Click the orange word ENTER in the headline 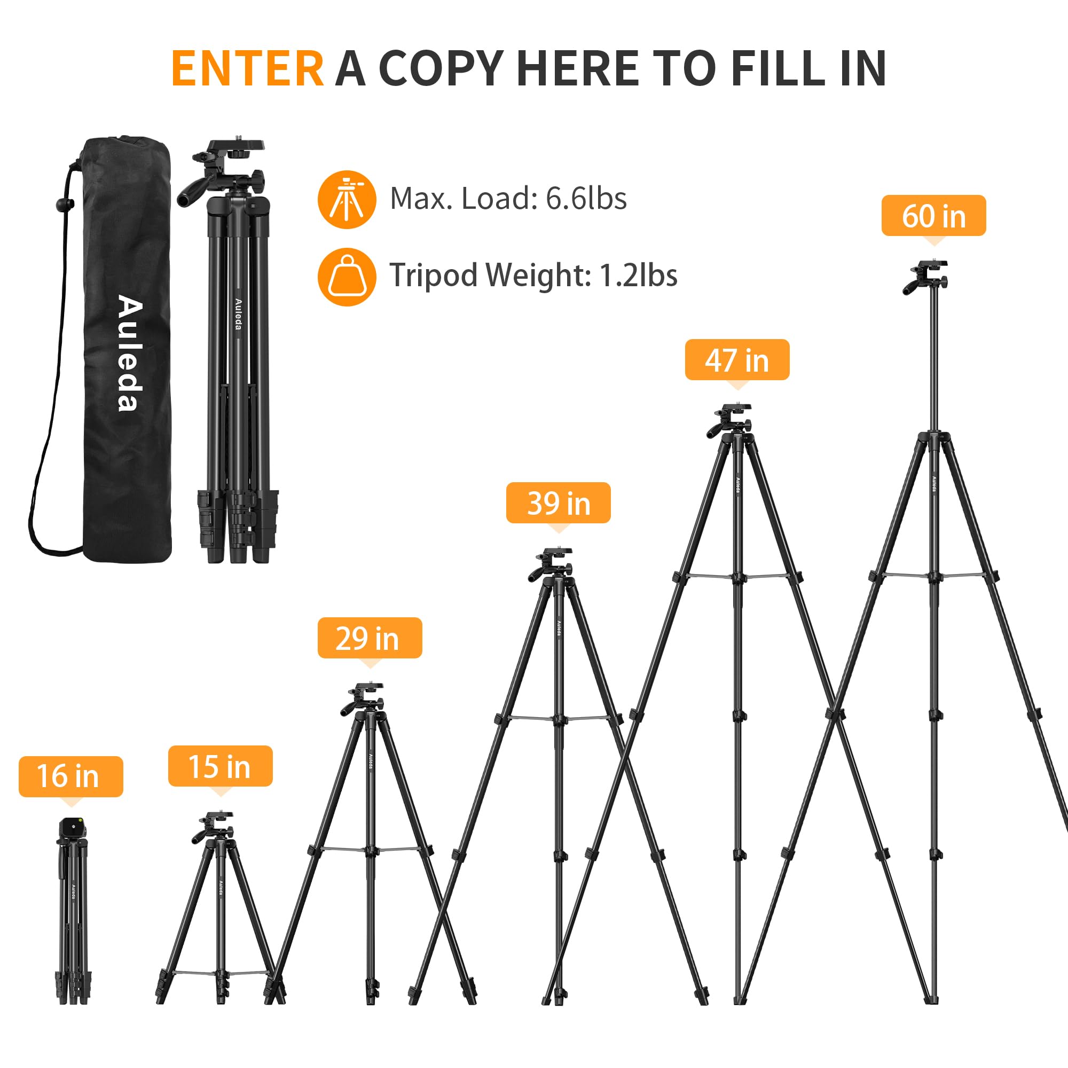[247, 68]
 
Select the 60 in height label [933, 216]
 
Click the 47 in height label [737, 360]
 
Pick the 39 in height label [559, 502]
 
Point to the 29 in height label [370, 638]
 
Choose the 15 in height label [220, 766]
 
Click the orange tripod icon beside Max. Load [347, 200]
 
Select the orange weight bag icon [347, 277]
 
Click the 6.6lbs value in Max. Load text [586, 199]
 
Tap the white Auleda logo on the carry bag [130, 354]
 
